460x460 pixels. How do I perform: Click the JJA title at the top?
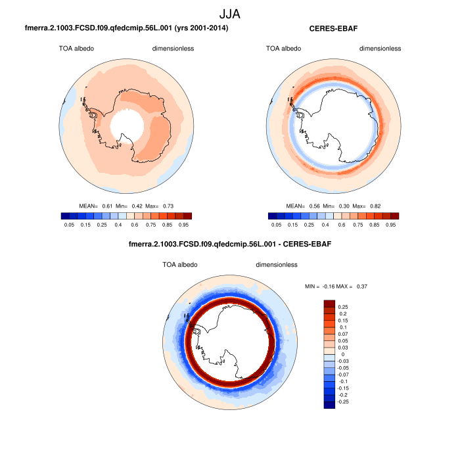[x=230, y=13]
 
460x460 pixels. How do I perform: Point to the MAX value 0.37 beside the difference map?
[x=359, y=287]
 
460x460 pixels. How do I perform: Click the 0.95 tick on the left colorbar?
[x=183, y=225]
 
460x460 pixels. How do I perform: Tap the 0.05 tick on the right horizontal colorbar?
[x=277, y=225]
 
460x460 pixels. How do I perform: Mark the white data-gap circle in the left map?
[x=127, y=124]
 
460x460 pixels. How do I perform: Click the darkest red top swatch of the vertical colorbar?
[x=329, y=304]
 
